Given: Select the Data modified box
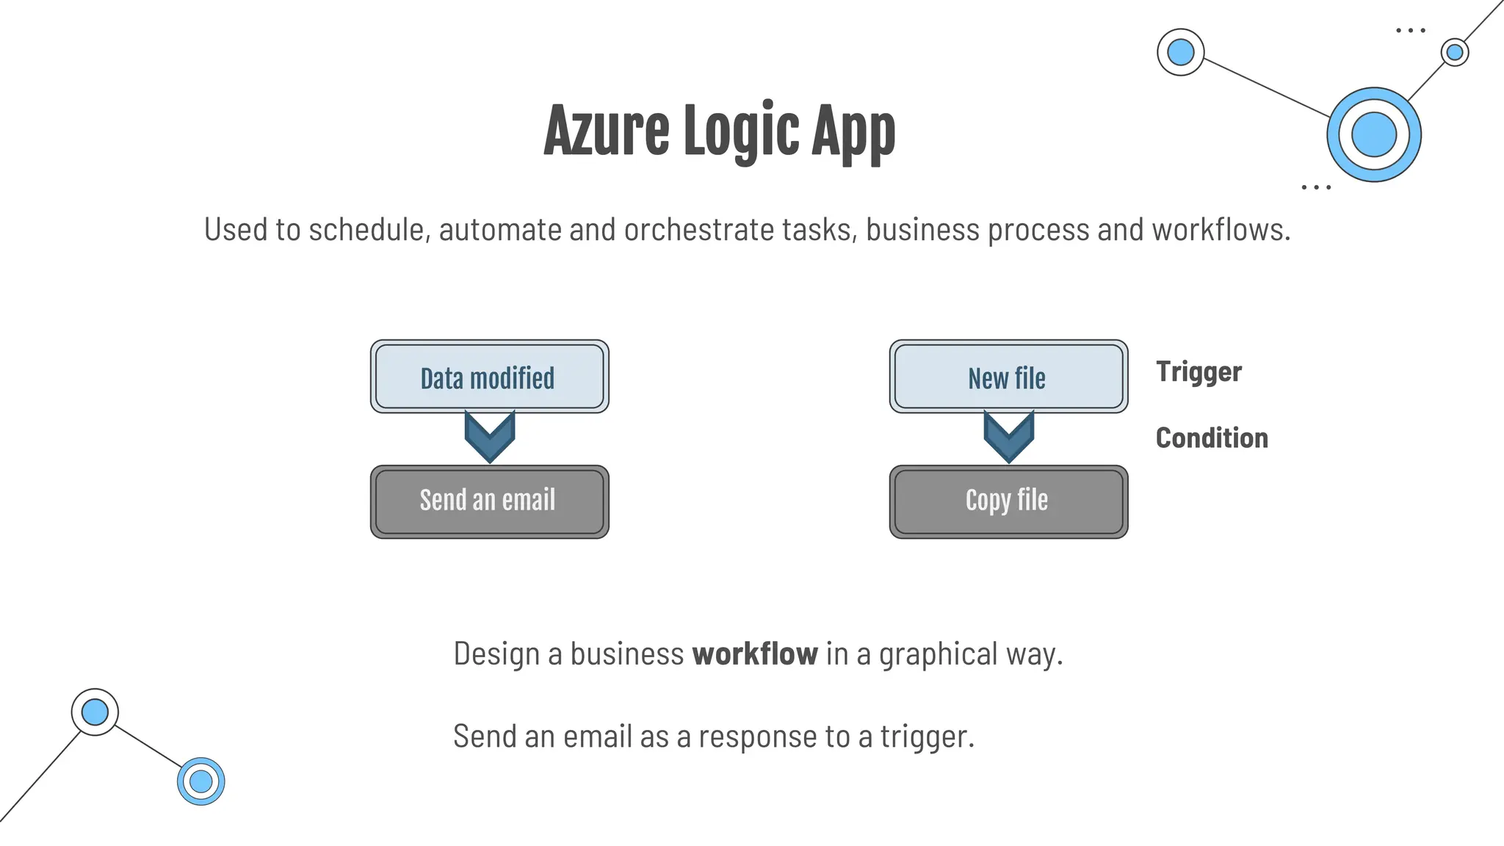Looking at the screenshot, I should click(489, 377).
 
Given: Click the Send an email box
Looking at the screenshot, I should click(489, 502).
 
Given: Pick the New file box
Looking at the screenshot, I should click(1008, 377).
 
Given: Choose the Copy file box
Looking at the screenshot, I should click(1008, 502).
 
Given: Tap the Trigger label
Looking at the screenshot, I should click(1198, 372).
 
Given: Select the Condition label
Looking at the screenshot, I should click(1212, 438).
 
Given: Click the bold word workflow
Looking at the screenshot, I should click(755, 654).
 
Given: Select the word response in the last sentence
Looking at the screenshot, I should click(757, 737).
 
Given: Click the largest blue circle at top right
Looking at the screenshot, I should click(1373, 134).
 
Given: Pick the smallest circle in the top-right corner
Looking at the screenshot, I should click(1454, 52).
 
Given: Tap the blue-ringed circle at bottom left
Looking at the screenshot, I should click(200, 781).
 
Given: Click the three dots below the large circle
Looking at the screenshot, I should click(1315, 187).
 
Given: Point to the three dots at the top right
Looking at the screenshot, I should click(1410, 31).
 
